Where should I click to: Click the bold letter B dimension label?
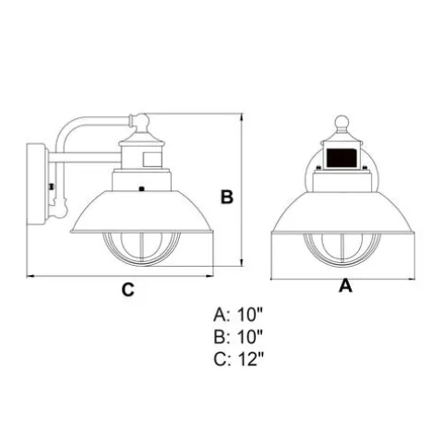click(x=227, y=198)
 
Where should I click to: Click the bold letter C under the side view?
click(x=128, y=289)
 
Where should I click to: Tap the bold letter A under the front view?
click(x=345, y=285)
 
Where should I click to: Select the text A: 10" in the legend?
click(x=239, y=315)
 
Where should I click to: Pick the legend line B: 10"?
click(x=239, y=337)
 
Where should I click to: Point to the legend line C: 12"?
click(x=239, y=359)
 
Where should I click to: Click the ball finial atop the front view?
click(x=341, y=122)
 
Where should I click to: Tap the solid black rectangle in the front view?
click(x=341, y=158)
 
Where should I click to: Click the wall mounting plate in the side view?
click(x=37, y=184)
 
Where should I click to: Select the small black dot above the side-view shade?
click(x=141, y=188)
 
